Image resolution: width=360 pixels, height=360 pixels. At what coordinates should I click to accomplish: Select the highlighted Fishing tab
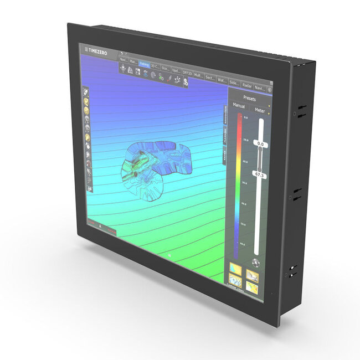[x=145, y=64]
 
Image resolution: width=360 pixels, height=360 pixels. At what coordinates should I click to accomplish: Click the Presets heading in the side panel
[x=250, y=98]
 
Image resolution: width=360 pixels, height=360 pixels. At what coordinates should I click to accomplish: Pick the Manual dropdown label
[x=239, y=105]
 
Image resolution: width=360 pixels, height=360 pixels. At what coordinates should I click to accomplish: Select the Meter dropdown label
[x=260, y=111]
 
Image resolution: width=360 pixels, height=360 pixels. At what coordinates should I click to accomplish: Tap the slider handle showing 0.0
[x=260, y=143]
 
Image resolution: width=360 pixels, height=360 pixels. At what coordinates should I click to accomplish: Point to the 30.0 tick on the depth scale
[x=245, y=181]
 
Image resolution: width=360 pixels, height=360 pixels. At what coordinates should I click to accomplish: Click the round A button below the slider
[x=255, y=263]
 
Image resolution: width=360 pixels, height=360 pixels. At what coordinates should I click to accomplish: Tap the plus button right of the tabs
[x=270, y=90]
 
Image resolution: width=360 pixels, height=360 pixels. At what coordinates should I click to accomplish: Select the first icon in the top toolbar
[x=122, y=69]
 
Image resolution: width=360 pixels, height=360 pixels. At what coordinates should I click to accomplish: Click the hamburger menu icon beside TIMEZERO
[x=86, y=49]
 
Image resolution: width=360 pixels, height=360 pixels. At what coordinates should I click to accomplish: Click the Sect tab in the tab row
[x=210, y=78]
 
